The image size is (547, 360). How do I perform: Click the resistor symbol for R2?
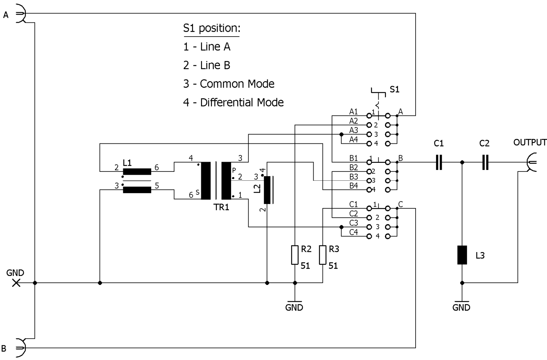295,255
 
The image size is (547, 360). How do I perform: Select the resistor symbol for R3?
323,255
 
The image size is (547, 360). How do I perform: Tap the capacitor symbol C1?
439,162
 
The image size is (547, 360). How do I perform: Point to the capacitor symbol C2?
485,162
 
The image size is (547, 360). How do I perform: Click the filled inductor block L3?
462,255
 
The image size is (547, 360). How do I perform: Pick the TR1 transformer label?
221,207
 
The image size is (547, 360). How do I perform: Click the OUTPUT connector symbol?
531,162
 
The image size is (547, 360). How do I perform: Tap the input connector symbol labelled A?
21,13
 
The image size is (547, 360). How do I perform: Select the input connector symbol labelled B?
21,348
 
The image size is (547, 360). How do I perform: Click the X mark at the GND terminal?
16,283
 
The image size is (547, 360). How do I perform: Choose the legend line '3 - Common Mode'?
229,84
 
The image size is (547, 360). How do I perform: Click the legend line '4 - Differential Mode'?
233,102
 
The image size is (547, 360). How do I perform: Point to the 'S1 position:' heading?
212,28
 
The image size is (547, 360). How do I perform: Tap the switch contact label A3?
353,130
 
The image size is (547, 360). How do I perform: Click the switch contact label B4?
354,186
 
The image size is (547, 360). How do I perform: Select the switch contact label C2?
354,214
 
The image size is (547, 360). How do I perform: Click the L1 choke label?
127,163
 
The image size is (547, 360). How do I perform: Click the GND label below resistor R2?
294,307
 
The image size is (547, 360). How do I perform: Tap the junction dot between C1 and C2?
462,162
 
